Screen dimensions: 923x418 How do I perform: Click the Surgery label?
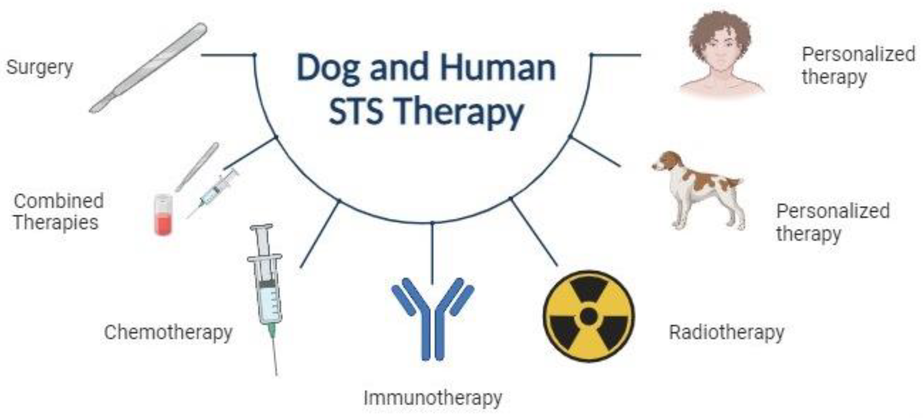click(39, 67)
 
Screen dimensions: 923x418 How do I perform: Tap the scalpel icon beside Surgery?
click(148, 68)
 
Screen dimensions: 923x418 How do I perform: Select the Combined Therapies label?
click(59, 212)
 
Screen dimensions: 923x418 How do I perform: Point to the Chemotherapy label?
click(168, 333)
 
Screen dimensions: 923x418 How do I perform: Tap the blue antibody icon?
click(433, 318)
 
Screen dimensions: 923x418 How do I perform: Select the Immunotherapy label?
click(433, 398)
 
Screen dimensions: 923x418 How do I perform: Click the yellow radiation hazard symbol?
click(589, 316)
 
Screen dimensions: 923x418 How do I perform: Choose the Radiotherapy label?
click(727, 333)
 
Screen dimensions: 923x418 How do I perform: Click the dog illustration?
click(698, 190)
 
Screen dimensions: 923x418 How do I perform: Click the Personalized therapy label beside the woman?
click(858, 66)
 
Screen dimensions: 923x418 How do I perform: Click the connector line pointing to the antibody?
click(432, 253)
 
